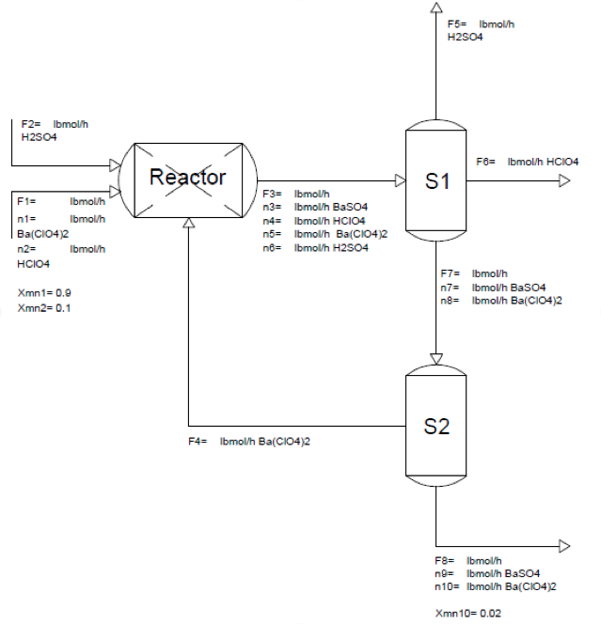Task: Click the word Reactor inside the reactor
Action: pyautogui.click(x=188, y=178)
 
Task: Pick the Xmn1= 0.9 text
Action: pyautogui.click(x=45, y=294)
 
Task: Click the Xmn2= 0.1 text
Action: pyautogui.click(x=45, y=308)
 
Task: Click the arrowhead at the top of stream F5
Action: pyautogui.click(x=435, y=8)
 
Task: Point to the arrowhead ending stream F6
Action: pyautogui.click(x=564, y=179)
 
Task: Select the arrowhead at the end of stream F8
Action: pyautogui.click(x=564, y=546)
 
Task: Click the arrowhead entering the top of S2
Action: pyautogui.click(x=435, y=358)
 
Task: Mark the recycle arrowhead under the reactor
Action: pyautogui.click(x=189, y=223)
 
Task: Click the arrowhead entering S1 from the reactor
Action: pyautogui.click(x=399, y=179)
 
